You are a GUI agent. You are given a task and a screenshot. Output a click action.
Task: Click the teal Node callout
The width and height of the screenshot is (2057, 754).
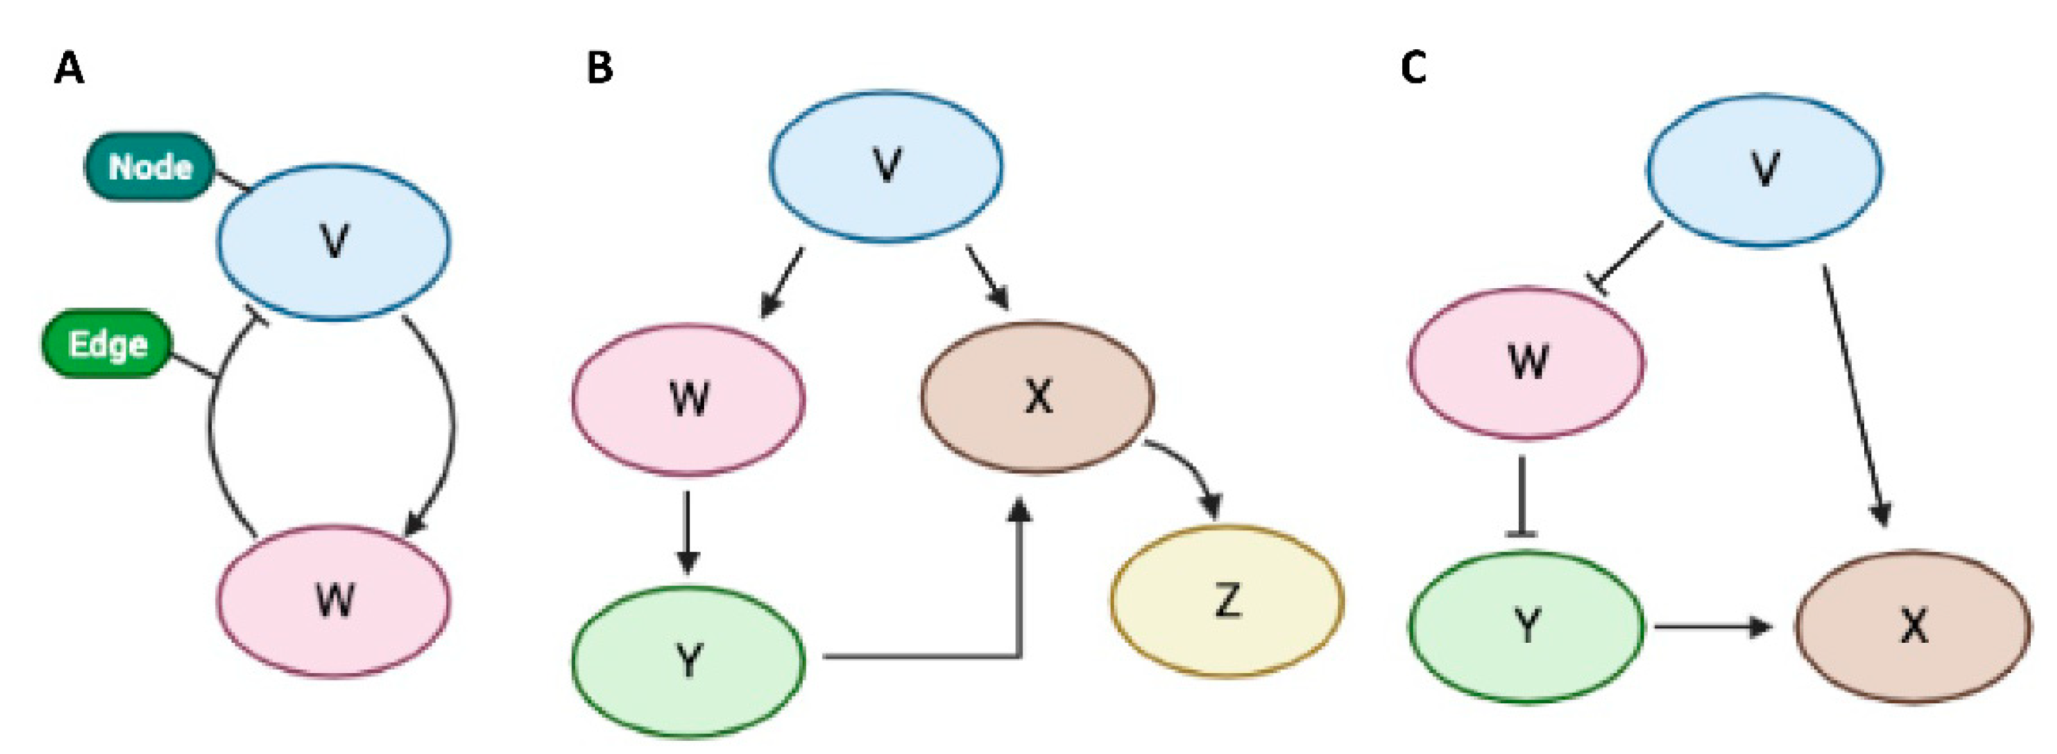[150, 167]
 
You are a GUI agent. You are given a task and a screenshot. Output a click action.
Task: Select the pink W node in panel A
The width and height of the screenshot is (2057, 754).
[334, 601]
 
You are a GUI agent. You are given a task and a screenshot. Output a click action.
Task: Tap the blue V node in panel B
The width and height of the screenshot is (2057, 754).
[886, 165]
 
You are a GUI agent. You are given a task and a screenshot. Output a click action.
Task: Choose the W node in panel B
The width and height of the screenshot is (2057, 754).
[688, 399]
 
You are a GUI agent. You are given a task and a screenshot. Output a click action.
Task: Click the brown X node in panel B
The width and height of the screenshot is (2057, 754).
[1037, 396]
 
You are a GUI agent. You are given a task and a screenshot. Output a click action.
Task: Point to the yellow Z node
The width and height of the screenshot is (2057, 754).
[1227, 601]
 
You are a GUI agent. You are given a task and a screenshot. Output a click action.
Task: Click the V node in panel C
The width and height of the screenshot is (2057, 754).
[1764, 169]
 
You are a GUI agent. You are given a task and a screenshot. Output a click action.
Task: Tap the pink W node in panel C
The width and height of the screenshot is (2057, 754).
[1526, 362]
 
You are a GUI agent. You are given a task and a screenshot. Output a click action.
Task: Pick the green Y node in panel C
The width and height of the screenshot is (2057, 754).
[1526, 627]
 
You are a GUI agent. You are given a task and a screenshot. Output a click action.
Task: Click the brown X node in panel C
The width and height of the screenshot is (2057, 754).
[1914, 627]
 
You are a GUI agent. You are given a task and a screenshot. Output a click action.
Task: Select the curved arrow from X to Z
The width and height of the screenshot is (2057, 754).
[1190, 463]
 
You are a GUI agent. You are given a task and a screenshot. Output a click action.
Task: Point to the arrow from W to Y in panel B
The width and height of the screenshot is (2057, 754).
[688, 531]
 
